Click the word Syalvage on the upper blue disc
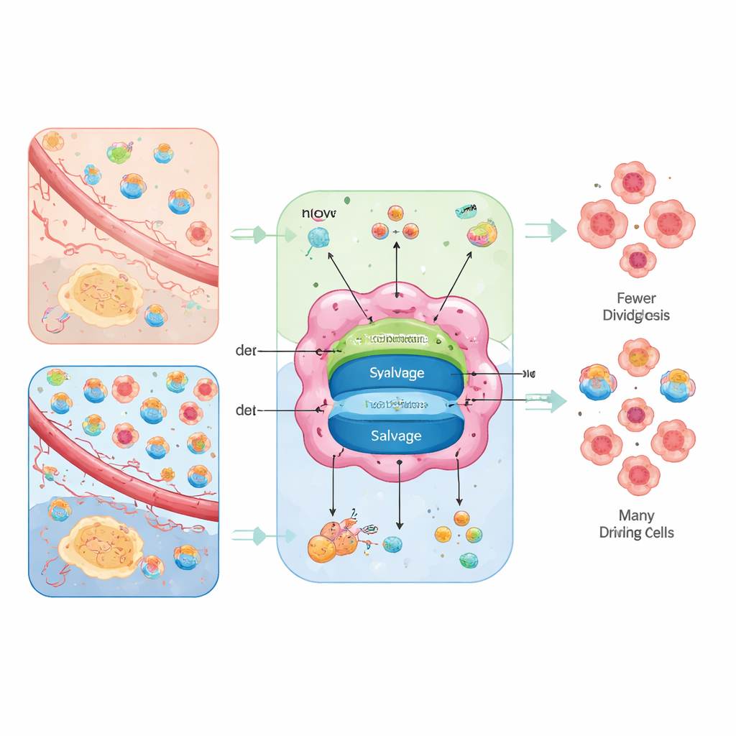(397, 373)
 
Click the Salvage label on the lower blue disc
(396, 436)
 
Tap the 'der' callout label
(247, 351)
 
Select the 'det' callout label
(247, 410)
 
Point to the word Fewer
(636, 298)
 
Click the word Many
(636, 515)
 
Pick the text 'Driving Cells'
(636, 533)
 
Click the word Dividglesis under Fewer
(636, 315)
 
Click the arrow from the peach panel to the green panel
(262, 234)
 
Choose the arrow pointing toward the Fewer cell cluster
(546, 230)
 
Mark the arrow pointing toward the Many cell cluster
(546, 401)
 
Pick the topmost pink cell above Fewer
(633, 182)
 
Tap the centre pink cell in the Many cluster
(636, 415)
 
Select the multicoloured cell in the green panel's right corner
(482, 234)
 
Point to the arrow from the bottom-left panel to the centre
(262, 535)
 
